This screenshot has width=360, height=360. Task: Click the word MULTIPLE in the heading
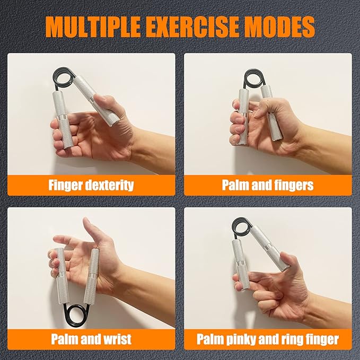pyautogui.click(x=93, y=26)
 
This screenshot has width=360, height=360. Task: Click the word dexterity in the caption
pyautogui.click(x=109, y=185)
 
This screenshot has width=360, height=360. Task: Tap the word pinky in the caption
pyautogui.click(x=241, y=339)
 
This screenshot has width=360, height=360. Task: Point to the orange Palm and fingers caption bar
pyautogui.click(x=268, y=185)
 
